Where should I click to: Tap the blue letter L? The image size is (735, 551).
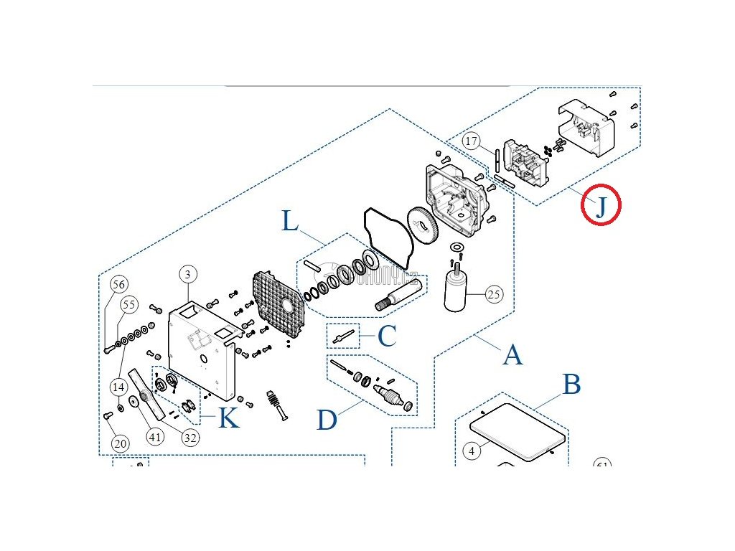290,221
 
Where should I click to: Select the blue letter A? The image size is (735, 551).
512,354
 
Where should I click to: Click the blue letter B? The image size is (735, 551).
571,385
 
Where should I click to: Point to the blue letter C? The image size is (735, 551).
387,336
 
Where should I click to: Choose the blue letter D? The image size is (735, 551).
327,420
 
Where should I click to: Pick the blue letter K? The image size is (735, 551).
228,418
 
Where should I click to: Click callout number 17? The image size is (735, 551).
471,141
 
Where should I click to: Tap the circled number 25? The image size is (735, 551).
494,293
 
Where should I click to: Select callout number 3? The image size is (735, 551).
187,274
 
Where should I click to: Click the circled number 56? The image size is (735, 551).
118,284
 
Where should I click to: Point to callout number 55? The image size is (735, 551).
128,305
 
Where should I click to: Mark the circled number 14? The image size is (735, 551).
118,387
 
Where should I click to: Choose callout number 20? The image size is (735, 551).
120,443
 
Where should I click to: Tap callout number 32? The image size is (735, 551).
189,437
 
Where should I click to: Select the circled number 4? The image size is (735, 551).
471,451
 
